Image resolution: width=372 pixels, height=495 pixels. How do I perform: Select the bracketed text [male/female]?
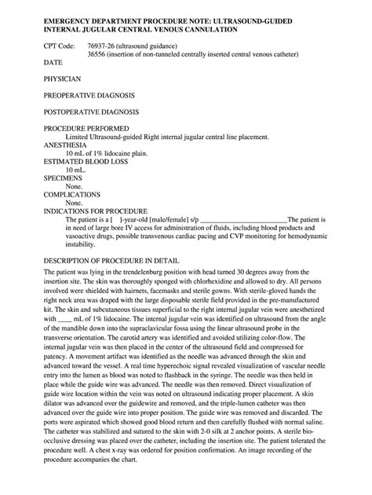click(163, 219)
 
